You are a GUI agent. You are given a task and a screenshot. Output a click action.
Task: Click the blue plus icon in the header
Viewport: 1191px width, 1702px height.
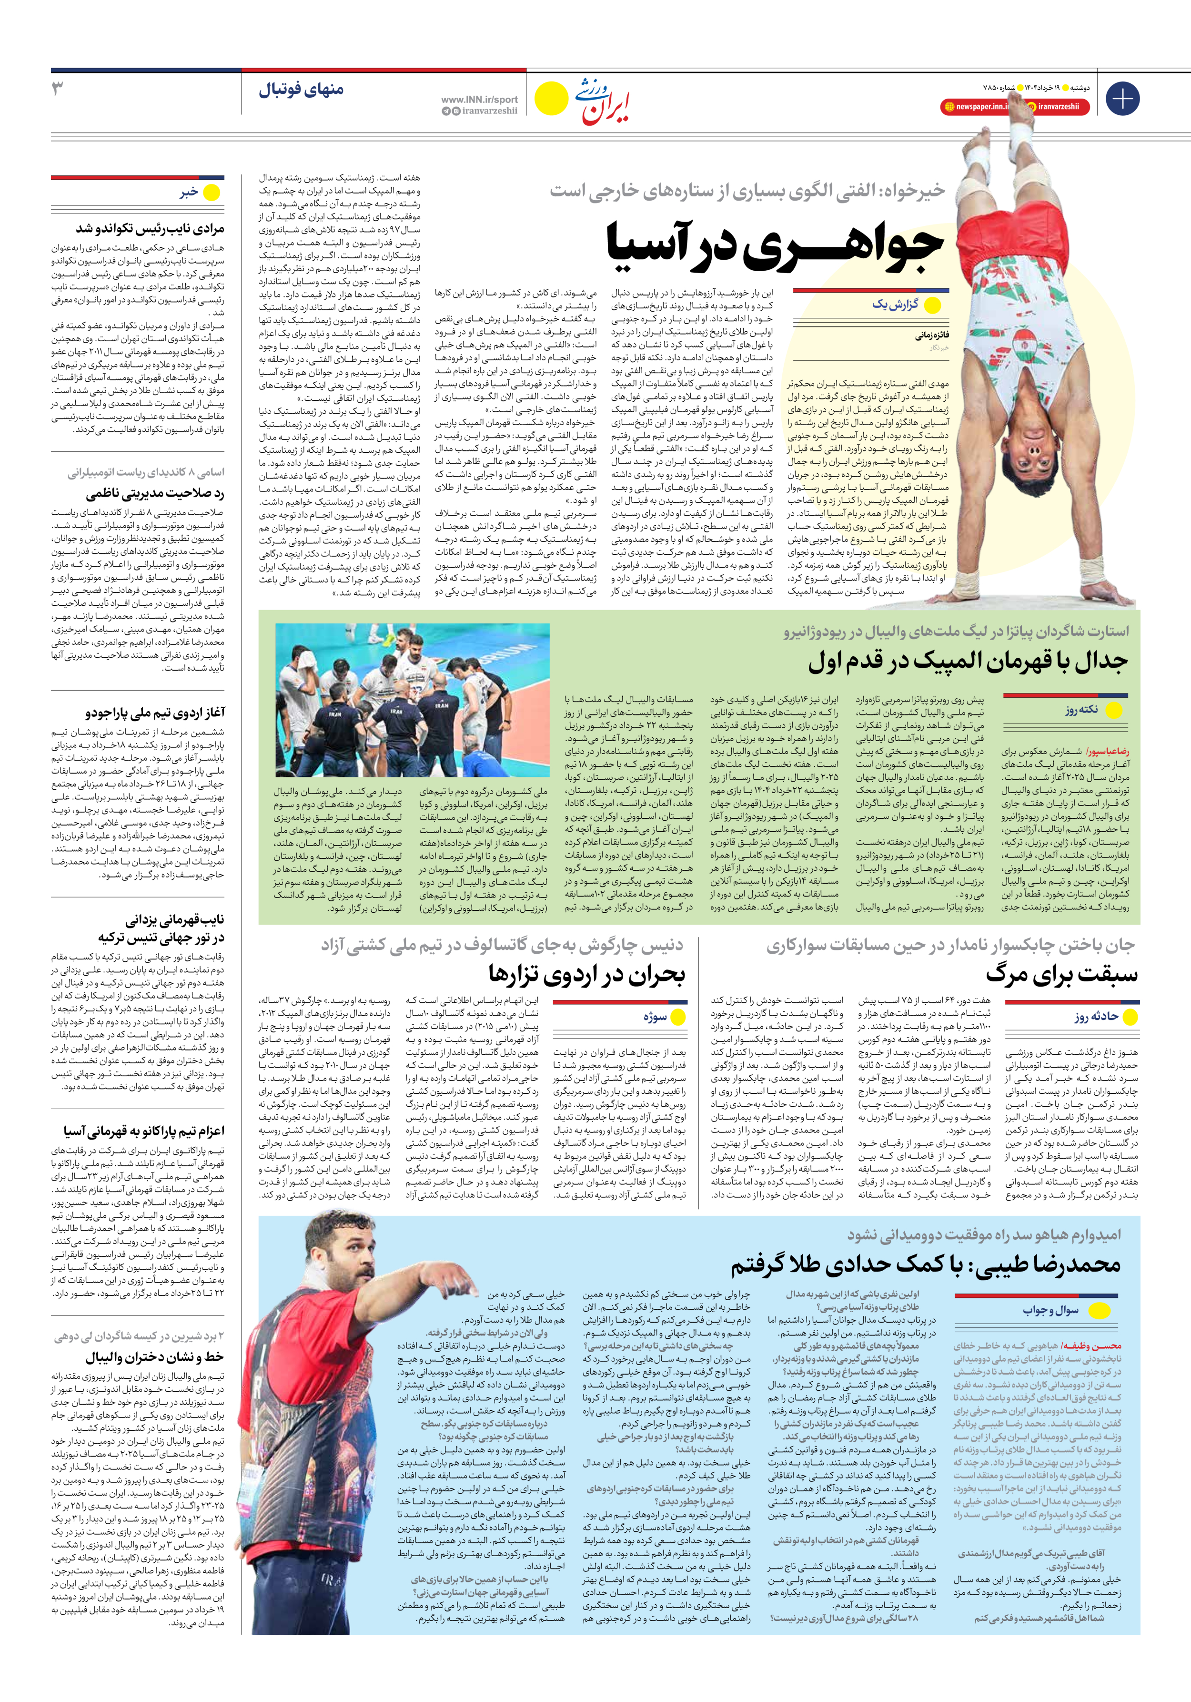coord(1122,99)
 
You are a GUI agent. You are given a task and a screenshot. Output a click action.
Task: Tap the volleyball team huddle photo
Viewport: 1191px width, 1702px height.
coord(412,699)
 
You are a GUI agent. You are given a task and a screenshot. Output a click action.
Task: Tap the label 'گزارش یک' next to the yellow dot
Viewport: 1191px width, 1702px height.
coord(895,305)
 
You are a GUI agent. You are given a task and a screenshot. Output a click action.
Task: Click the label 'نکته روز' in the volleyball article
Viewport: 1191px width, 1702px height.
coord(1081,709)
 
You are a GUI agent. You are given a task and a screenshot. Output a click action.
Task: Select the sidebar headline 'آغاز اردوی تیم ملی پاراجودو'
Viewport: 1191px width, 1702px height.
coord(154,713)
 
